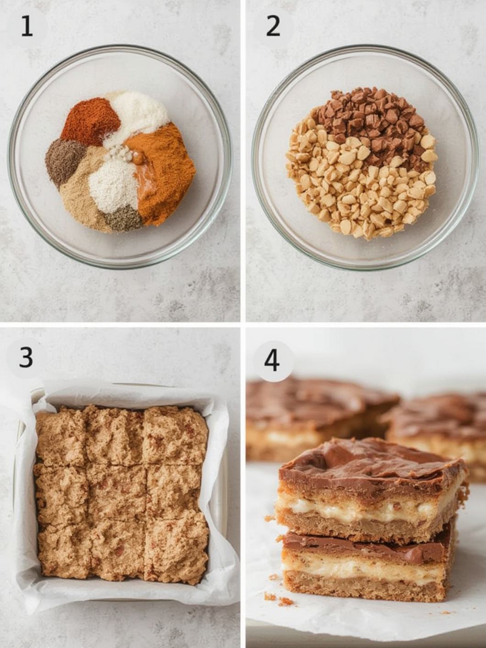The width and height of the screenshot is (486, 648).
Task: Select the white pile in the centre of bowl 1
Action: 114,185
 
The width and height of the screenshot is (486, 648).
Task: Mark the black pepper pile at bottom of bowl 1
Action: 123,219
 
